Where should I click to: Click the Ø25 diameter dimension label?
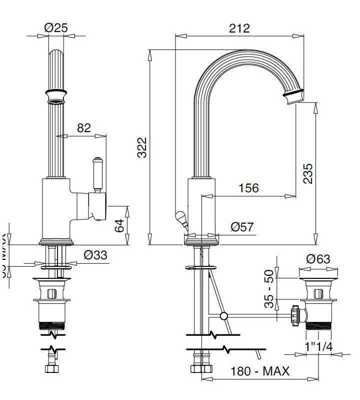(x=55, y=28)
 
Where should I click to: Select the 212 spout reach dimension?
(x=239, y=28)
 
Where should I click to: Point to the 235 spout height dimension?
(x=308, y=173)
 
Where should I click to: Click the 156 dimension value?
(x=248, y=188)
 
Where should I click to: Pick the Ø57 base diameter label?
(x=242, y=227)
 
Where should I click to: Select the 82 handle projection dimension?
(x=84, y=128)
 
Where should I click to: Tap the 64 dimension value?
(x=119, y=226)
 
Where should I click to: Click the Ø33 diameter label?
(x=95, y=255)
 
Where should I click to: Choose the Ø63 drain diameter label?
(x=318, y=259)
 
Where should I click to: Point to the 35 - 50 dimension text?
(x=269, y=288)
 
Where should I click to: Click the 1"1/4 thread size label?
(x=319, y=346)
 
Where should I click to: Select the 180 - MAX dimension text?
(x=260, y=371)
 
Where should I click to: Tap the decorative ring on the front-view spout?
(x=56, y=94)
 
